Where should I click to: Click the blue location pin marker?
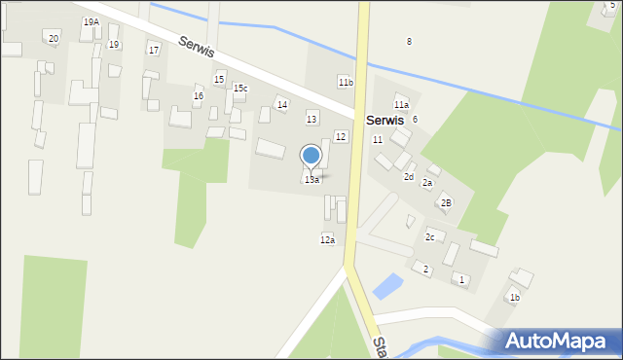pos(311,156)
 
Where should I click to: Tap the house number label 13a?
pos(311,180)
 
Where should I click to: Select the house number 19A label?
pos(91,21)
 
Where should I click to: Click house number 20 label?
pos(54,38)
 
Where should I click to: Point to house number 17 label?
pos(153,50)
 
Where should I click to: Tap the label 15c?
pos(239,89)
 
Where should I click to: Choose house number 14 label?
pos(281,104)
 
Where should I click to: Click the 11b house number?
pos(346,83)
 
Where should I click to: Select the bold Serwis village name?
pos(385,120)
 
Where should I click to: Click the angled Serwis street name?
pos(197,47)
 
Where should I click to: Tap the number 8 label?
pos(409,41)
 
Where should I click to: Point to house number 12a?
pos(327,239)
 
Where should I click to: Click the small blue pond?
pos(386,285)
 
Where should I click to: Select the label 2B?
pos(446,202)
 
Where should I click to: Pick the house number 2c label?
pos(429,236)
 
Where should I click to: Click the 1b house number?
pos(514,297)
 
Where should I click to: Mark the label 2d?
pos(409,177)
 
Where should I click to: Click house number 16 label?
pos(198,95)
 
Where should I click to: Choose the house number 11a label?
pos(401,104)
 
